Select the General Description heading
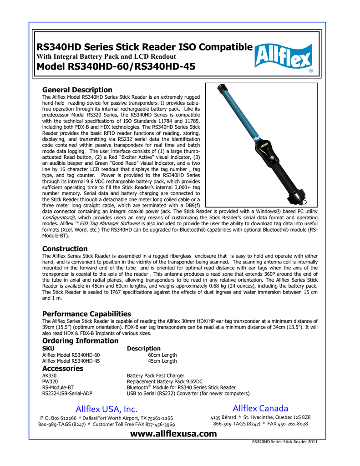point(77,90)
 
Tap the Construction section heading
point(65,248)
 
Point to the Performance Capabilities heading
point(86,314)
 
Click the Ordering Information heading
point(80,341)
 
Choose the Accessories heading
point(63,368)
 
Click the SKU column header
point(48,348)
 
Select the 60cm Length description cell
point(162,355)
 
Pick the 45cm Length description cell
point(162,361)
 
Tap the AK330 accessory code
point(49,375)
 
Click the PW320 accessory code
point(50,381)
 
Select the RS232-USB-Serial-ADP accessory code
point(67,393)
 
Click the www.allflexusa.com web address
point(173,434)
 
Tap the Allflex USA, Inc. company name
point(106,408)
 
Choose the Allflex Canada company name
point(260,407)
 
